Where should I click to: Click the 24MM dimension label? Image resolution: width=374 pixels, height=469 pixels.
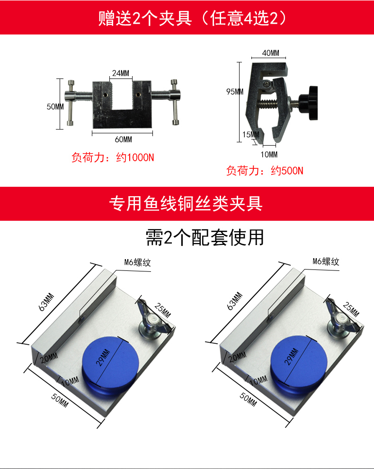(x=121, y=73)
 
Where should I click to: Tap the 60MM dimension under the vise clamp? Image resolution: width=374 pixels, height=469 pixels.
(x=124, y=139)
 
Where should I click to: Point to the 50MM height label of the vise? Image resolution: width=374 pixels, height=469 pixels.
(x=55, y=106)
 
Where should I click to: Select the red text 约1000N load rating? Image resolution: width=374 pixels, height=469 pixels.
(x=135, y=157)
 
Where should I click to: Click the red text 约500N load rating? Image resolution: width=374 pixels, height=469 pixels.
(x=287, y=171)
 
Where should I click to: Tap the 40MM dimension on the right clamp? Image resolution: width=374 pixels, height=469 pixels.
(x=271, y=53)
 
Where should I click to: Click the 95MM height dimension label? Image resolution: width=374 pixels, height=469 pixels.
(x=235, y=92)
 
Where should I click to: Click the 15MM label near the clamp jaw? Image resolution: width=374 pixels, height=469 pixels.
(x=250, y=135)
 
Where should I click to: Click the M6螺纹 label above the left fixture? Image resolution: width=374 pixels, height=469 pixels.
(x=137, y=262)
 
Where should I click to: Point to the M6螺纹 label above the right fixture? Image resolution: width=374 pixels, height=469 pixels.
(x=326, y=262)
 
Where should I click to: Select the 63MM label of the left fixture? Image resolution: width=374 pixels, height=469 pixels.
(x=46, y=302)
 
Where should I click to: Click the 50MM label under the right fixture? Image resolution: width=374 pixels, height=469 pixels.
(x=248, y=400)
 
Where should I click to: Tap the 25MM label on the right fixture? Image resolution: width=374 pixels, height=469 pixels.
(x=351, y=309)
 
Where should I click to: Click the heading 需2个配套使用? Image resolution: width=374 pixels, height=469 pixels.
(x=205, y=238)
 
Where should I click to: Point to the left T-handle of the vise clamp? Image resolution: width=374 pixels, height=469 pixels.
(x=71, y=103)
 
